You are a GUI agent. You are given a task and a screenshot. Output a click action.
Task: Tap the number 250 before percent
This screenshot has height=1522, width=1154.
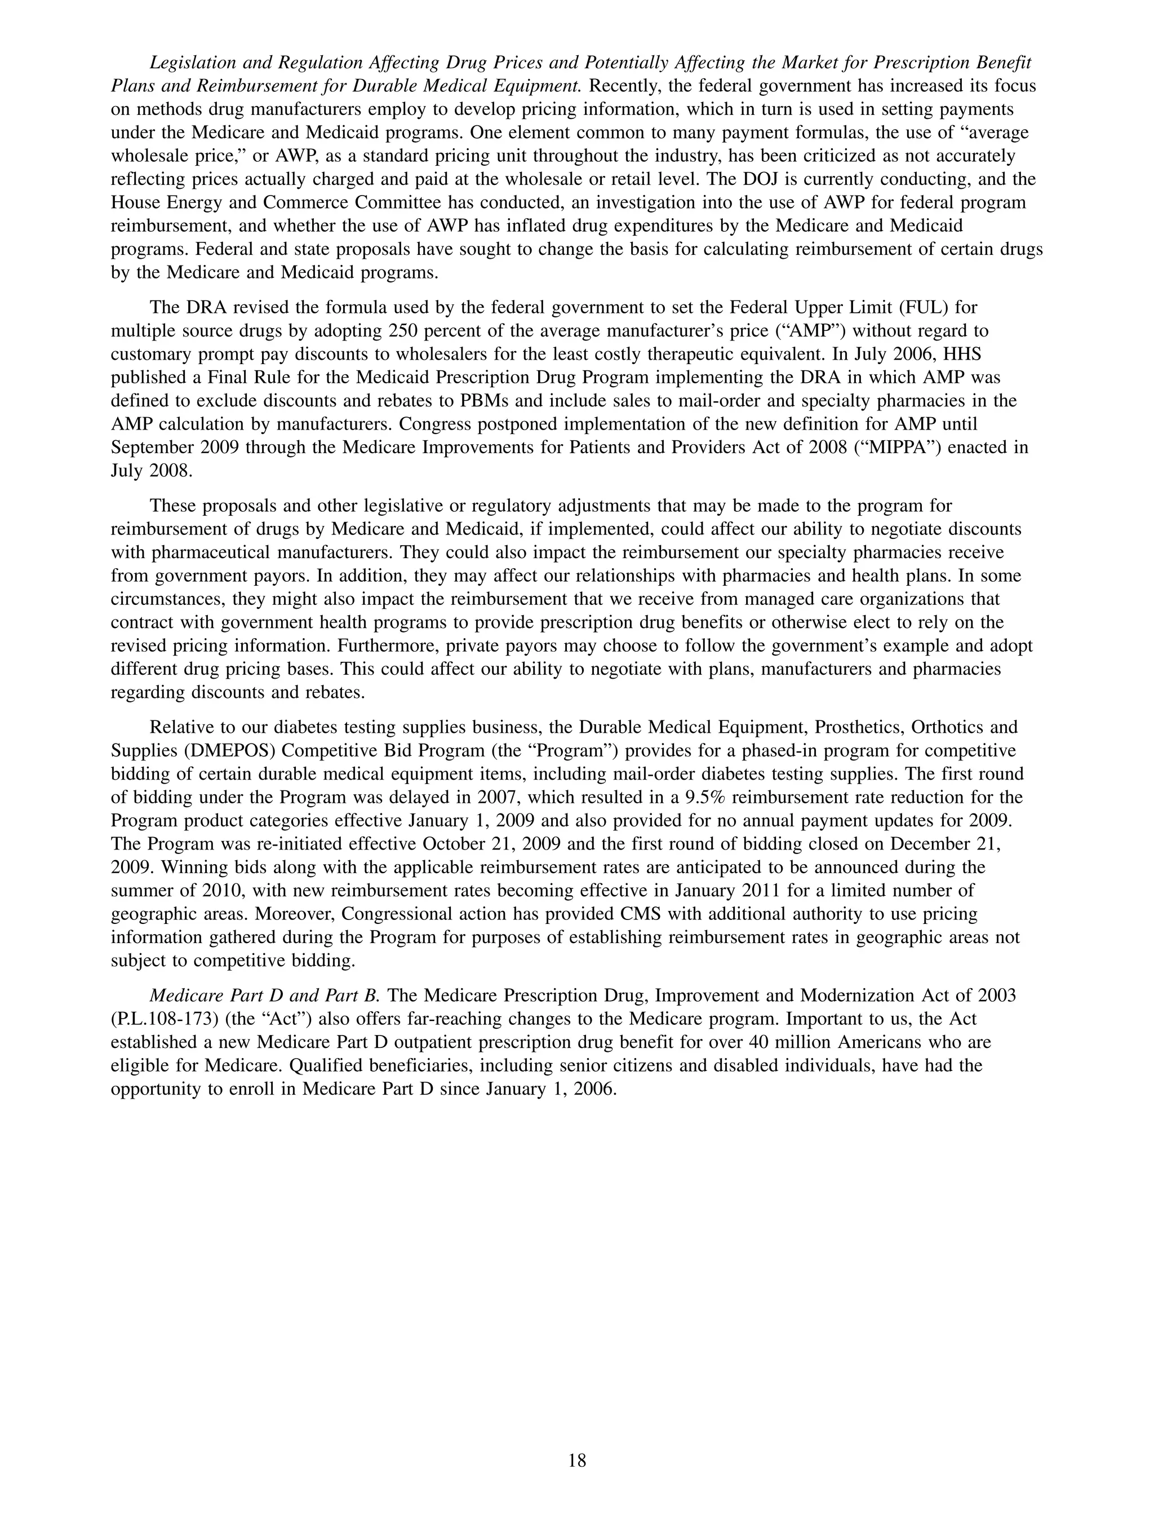[x=405, y=330]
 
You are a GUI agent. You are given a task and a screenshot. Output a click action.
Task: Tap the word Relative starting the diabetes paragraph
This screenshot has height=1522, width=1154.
[x=181, y=727]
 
